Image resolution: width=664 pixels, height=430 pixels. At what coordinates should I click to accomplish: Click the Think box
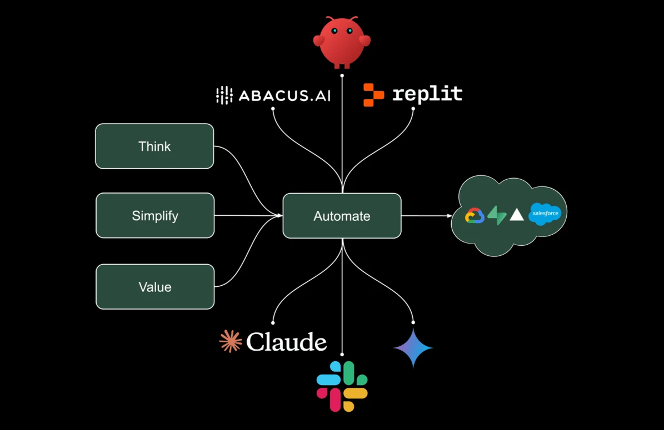point(154,146)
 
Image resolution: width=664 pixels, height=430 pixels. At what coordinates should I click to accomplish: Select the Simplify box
point(155,215)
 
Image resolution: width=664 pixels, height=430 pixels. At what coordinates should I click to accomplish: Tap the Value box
point(155,287)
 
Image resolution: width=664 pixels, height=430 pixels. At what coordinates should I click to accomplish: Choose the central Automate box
point(342,216)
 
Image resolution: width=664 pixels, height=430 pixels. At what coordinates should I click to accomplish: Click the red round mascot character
point(342,42)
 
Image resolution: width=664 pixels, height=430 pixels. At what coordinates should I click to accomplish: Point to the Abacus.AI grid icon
point(224,95)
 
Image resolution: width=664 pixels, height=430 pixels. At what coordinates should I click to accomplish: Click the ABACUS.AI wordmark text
point(284,95)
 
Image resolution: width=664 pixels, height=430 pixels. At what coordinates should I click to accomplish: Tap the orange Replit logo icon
point(373,95)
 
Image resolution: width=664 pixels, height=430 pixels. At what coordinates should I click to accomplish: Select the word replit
point(427,94)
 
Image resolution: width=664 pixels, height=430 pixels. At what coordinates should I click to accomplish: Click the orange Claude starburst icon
point(231,341)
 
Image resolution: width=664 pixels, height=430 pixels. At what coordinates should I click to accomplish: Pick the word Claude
point(286,342)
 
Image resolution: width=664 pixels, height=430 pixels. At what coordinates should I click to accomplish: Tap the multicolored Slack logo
point(342,386)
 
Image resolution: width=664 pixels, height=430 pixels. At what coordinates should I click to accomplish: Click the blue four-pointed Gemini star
point(413,348)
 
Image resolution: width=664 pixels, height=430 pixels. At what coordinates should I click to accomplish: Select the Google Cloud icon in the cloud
point(475,215)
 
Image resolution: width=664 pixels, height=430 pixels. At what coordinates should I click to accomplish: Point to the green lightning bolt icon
point(497,215)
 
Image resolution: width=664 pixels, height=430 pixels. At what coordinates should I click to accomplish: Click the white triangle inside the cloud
point(517,215)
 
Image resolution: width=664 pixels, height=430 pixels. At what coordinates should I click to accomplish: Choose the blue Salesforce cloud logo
point(545,214)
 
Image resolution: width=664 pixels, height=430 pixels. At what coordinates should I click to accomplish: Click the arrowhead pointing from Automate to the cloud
point(449,216)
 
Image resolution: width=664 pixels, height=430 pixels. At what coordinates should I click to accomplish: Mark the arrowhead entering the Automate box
point(279,216)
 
